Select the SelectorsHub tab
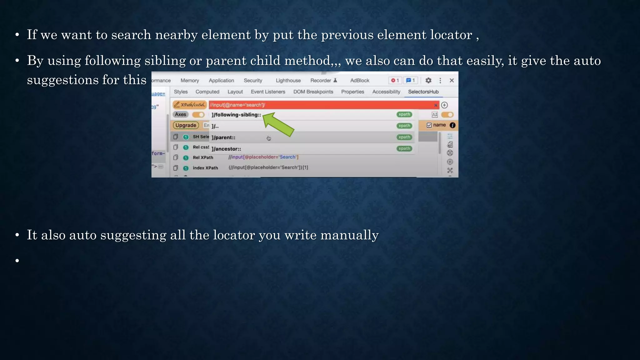(423, 92)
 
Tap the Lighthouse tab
(288, 81)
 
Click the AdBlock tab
(359, 81)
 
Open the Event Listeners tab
(268, 92)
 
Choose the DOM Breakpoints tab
(313, 92)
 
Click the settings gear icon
(428, 81)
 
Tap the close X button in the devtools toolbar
(452, 81)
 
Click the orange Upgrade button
(186, 125)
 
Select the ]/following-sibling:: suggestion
(236, 115)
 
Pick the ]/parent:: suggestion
(223, 137)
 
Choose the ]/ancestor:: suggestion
(226, 149)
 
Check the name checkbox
(429, 125)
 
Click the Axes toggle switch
(198, 115)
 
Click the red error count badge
(395, 81)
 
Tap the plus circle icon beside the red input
(444, 105)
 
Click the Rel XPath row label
(203, 157)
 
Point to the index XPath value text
(268, 167)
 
